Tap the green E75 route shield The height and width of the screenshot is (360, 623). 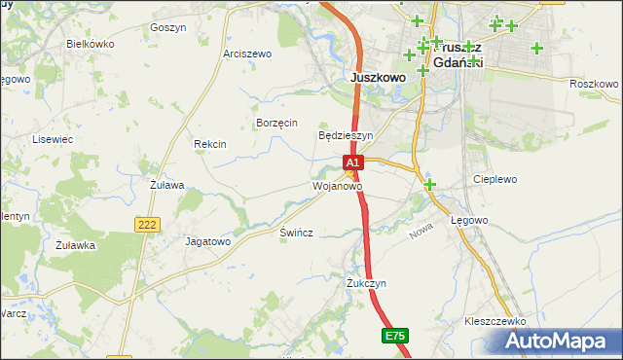[x=393, y=336]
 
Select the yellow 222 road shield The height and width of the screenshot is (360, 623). [x=147, y=225]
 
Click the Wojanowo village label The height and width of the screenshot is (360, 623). [x=337, y=186]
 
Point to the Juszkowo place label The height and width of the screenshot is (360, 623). [x=377, y=79]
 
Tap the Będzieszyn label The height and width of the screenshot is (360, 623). [x=347, y=136]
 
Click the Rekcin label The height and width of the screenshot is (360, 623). [x=210, y=144]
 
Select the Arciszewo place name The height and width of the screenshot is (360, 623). [x=247, y=54]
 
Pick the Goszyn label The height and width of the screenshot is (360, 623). [x=168, y=28]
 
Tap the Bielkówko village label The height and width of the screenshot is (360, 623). [x=91, y=45]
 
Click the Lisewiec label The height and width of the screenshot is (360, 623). [x=54, y=139]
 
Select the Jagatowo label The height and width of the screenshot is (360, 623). [x=207, y=240]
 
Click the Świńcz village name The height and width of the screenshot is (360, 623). [x=296, y=236]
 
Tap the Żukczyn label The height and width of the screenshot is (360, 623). [x=367, y=283]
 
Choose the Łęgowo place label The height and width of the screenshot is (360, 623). [x=468, y=221]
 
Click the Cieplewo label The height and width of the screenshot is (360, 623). [x=495, y=180]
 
